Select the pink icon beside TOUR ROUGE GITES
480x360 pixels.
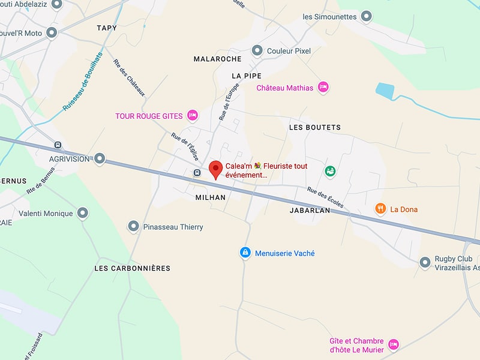193,115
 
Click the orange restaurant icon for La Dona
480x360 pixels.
380,209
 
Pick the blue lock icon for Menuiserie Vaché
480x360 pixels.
245,253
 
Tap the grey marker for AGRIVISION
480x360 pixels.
100,159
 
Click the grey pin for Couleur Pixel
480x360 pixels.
257,50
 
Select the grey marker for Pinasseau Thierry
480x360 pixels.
134,227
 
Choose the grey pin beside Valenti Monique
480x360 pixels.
83,213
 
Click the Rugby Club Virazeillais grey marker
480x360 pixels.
425,262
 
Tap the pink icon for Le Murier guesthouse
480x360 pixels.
394,344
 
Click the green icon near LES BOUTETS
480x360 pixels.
330,172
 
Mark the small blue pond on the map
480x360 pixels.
383,91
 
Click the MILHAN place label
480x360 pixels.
211,197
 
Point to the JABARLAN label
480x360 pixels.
310,211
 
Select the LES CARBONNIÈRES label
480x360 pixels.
133,268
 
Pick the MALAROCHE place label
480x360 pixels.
217,59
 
